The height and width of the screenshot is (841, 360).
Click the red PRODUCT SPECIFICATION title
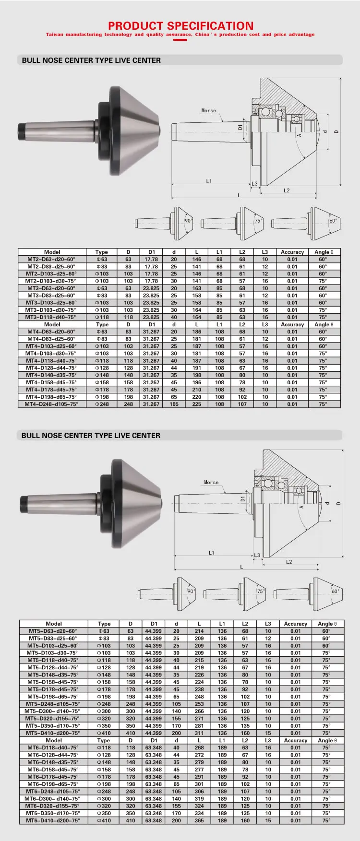[x=180, y=26]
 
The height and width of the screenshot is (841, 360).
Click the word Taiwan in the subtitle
[x=54, y=35]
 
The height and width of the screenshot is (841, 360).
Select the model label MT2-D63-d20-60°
[x=51, y=259]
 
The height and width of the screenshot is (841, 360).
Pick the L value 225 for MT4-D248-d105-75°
[x=197, y=404]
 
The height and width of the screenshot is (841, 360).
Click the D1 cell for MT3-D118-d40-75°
[x=151, y=317]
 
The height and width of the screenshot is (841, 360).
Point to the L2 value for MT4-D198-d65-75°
[x=242, y=397]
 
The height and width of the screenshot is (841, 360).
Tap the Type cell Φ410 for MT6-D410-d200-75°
[x=104, y=821]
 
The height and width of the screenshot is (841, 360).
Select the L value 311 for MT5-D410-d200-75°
[x=199, y=733]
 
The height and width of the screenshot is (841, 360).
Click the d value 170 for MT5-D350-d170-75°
[x=176, y=726]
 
